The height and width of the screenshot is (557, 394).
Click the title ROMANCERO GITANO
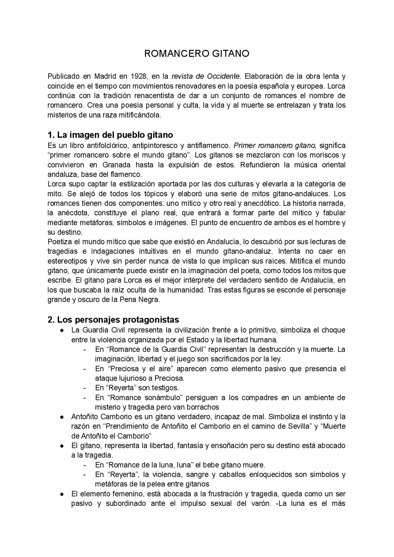point(197,54)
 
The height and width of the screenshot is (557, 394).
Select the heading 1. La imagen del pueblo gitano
point(110,135)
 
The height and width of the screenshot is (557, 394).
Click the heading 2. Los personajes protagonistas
point(113,319)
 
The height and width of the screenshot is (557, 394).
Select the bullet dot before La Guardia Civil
point(62,330)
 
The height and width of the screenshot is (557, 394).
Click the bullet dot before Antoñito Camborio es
point(62,417)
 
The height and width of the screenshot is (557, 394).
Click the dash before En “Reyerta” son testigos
point(84,388)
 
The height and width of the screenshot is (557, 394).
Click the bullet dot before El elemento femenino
point(62,494)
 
